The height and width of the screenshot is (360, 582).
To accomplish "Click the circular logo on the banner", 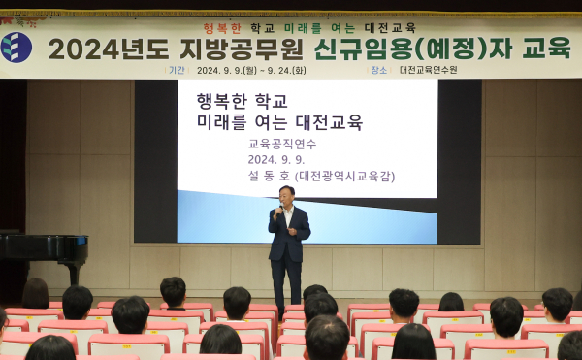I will [16, 47].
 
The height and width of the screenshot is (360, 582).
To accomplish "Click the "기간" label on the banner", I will [177, 70].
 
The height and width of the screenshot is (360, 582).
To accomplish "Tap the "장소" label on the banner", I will [378, 70].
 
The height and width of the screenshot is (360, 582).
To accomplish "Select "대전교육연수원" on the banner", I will [428, 70].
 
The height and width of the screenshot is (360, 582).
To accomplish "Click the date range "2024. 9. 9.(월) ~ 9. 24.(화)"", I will [252, 70].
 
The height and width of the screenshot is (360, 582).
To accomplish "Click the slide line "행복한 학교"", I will [242, 101].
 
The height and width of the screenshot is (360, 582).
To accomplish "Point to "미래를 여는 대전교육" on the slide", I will [279, 122].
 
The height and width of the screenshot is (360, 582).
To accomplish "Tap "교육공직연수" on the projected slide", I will [281, 144].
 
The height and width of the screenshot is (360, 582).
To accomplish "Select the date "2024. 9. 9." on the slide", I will [275, 159].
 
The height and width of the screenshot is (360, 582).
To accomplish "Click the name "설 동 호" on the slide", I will [272, 176].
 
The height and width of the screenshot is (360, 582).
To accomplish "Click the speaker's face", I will [286, 194].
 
